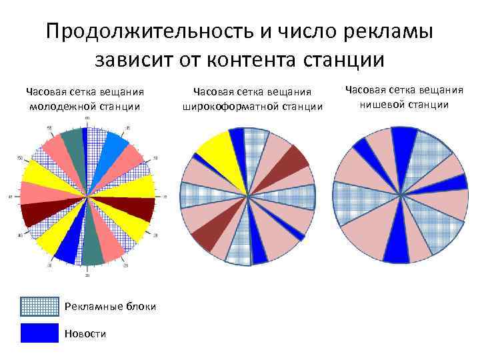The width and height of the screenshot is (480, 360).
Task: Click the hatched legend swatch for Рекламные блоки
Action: coord(39,306)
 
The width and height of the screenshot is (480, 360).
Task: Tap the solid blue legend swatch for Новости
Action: coord(39,333)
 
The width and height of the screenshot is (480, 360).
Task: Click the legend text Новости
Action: coord(85,333)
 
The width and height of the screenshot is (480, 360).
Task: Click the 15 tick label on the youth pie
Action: coord(163,197)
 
